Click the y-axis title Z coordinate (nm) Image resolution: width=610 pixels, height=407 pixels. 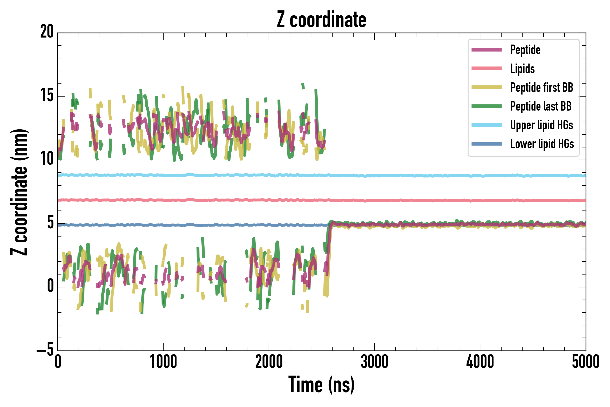(x=19, y=192)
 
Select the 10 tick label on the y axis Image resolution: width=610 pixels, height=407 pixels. (x=47, y=159)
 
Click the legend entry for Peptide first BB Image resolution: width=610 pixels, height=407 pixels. (x=542, y=88)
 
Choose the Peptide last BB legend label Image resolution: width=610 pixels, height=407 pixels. (x=541, y=106)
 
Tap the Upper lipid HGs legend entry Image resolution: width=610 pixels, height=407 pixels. (x=542, y=125)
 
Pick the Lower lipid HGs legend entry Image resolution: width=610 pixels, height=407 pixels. (x=542, y=144)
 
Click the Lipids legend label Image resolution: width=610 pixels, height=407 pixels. (x=522, y=69)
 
